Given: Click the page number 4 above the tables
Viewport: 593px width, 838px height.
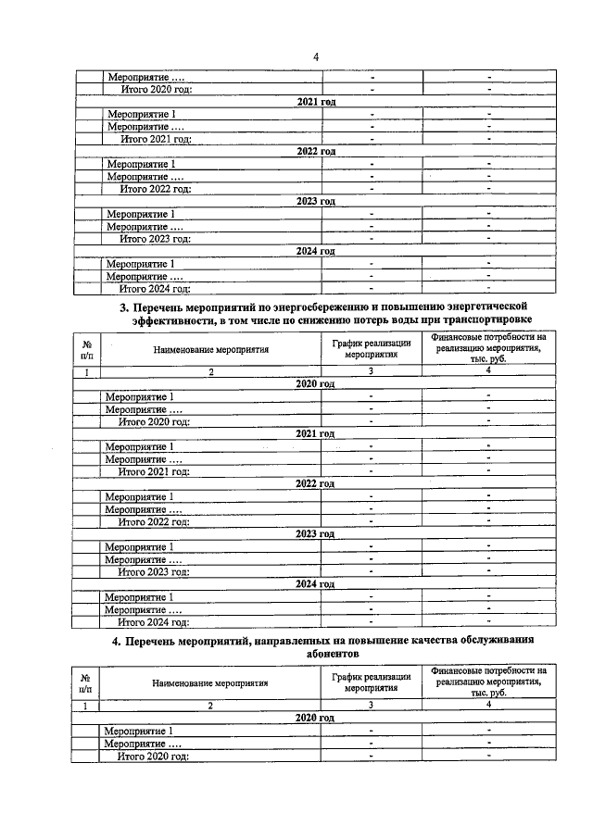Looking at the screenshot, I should pyautogui.click(x=315, y=57).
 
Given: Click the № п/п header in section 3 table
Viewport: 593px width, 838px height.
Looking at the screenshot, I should pyautogui.click(x=87, y=349).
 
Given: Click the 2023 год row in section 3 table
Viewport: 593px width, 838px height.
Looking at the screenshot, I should pyautogui.click(x=315, y=534).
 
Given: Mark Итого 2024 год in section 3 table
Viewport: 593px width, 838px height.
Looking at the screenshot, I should pyautogui.click(x=154, y=621).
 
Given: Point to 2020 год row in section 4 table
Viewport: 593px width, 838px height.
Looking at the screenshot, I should pyautogui.click(x=315, y=718).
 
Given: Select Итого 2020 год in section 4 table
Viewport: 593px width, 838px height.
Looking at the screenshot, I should pyautogui.click(x=154, y=757).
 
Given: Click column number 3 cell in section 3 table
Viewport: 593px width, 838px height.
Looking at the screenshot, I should pyautogui.click(x=372, y=371).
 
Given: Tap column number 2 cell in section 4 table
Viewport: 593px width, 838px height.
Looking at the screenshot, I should pyautogui.click(x=211, y=706).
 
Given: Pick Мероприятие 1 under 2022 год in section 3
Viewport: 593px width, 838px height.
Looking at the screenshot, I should pyautogui.click(x=140, y=496).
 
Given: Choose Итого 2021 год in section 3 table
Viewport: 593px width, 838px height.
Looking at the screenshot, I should pyautogui.click(x=154, y=471).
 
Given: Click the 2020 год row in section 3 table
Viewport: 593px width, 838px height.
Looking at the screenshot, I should pyautogui.click(x=315, y=384).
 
